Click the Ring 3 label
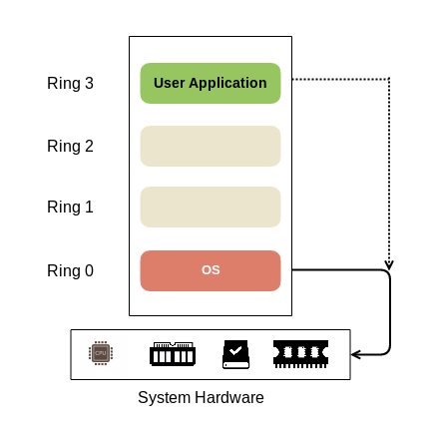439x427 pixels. pos(70,83)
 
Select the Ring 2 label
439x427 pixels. pos(70,146)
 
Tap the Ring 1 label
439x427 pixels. pos(70,207)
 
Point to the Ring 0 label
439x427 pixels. pos(70,270)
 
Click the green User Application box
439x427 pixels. pos(211,83)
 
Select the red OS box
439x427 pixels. pos(211,270)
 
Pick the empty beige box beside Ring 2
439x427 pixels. pos(211,146)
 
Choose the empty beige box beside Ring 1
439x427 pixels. pos(211,207)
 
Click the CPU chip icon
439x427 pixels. pos(101,353)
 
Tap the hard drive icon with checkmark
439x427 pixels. pos(235,354)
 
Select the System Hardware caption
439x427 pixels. pos(201,397)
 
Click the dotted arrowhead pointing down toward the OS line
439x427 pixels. pos(389,265)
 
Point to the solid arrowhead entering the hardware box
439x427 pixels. pos(355,355)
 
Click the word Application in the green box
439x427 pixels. pos(227,83)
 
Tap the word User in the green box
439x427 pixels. pos(169,83)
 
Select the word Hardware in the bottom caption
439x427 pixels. pos(229,397)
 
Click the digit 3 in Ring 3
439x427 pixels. pos(89,83)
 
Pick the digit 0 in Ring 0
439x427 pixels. pos(89,270)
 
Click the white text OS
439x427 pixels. pos(211,270)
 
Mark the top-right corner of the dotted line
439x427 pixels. pos(389,79)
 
